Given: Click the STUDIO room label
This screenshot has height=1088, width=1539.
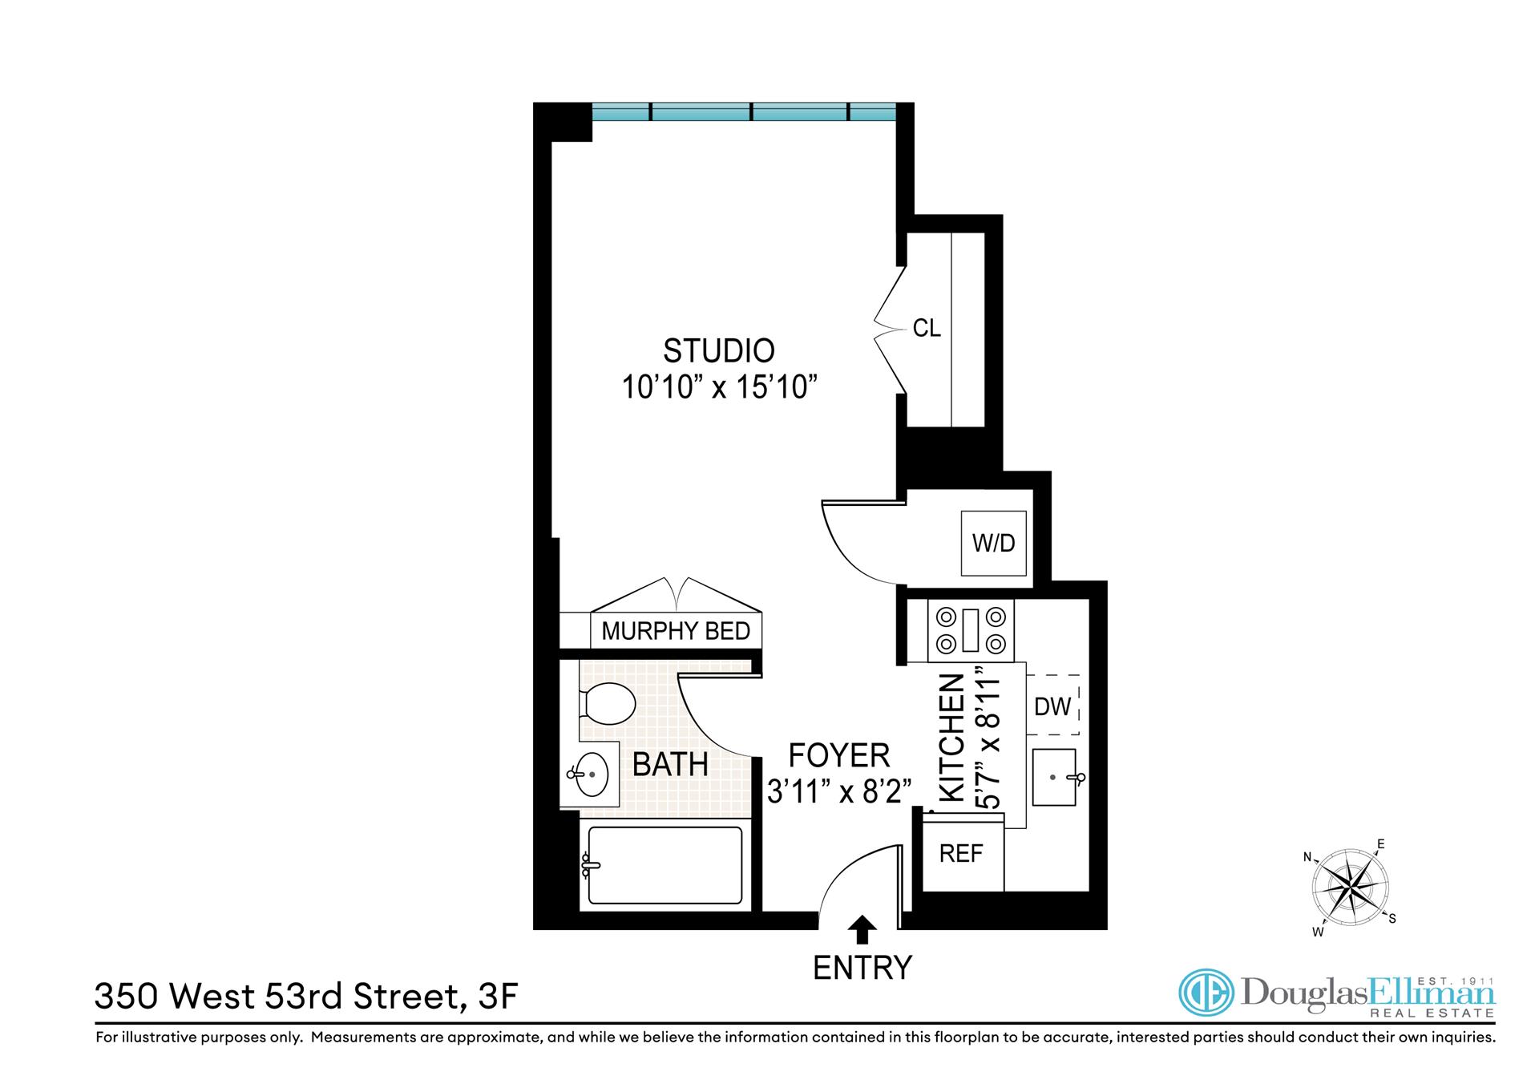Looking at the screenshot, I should [718, 351].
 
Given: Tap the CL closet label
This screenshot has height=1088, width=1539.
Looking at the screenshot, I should [927, 329].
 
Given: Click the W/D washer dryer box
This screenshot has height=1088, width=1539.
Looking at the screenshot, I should [993, 543].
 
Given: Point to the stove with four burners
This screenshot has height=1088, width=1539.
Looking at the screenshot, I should [971, 630].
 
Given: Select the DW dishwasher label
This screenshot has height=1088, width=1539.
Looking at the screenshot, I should [1052, 706].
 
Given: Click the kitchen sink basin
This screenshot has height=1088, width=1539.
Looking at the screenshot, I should [1053, 777].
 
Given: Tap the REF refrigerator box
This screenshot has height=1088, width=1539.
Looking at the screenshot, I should [961, 854].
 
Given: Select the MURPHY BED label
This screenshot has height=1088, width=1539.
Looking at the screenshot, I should [675, 631].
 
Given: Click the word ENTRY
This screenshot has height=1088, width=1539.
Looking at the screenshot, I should [862, 968].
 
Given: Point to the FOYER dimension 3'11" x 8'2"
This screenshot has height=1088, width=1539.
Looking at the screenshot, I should [839, 792].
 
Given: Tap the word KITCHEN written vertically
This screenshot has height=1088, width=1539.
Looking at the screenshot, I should [951, 738].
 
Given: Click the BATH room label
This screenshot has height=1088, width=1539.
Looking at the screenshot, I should [670, 765].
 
